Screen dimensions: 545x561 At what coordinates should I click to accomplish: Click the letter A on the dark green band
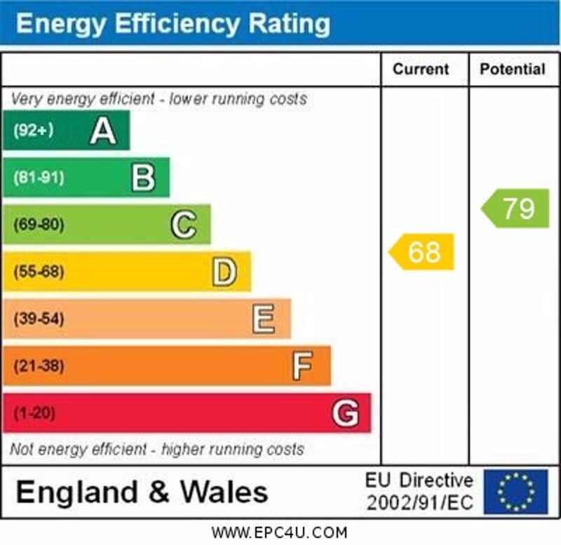[x=102, y=131]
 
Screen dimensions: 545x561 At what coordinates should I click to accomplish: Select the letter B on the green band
[x=143, y=178]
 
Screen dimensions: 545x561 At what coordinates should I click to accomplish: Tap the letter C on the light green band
[x=183, y=225]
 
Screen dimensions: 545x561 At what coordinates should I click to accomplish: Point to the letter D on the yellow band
[x=224, y=272]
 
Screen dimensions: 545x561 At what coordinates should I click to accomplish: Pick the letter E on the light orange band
[x=264, y=319]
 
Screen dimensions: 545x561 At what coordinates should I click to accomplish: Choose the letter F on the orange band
[x=302, y=365]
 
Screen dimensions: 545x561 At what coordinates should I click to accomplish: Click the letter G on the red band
[x=345, y=413]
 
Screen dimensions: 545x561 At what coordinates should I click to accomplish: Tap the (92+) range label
[x=33, y=131]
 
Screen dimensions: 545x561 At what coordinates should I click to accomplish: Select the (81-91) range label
[x=38, y=178]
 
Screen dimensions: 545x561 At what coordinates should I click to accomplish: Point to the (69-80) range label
[x=38, y=225]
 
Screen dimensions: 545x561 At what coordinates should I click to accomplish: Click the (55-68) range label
[x=38, y=272]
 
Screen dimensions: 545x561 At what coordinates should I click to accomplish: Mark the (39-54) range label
[x=38, y=319]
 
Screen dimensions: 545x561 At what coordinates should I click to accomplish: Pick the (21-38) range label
[x=38, y=366]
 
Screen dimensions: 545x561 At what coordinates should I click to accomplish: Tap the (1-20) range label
[x=34, y=413]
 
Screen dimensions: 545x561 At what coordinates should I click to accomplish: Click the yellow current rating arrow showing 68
[x=422, y=252]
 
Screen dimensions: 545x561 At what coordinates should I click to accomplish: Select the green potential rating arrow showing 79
[x=516, y=209]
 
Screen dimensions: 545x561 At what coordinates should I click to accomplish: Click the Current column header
[x=421, y=70]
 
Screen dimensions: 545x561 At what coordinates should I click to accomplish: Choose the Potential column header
[x=513, y=70]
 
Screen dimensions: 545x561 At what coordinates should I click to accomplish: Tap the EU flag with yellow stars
[x=516, y=491]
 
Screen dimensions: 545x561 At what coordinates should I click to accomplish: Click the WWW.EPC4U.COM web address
[x=279, y=532]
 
